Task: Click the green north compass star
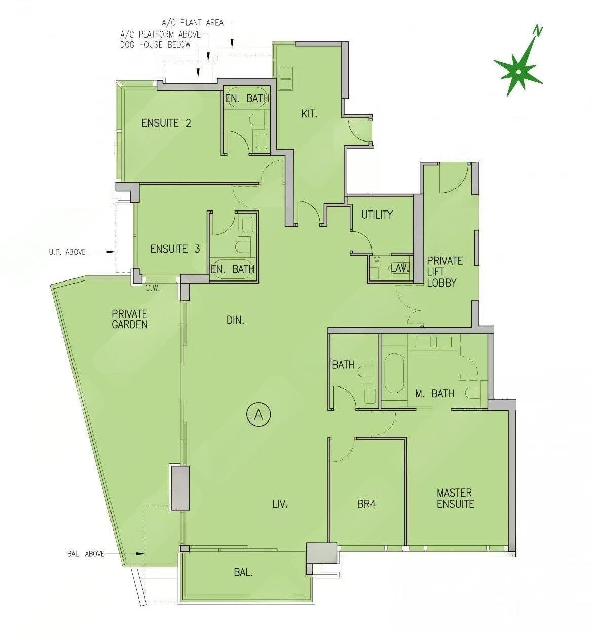pos(519,72)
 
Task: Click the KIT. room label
pos(309,114)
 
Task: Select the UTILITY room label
pos(377,215)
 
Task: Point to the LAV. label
pos(399,268)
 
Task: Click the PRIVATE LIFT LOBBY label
pos(445,271)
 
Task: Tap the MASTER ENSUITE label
pos(455,499)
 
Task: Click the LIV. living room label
pos(280,504)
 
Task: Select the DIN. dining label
pos(236,321)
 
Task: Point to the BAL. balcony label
pos(243,573)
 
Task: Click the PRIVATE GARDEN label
pos(130,319)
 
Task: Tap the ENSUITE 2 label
pos(166,123)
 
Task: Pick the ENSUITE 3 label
pos(175,249)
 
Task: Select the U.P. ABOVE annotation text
pos(67,252)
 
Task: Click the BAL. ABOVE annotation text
pos(86,554)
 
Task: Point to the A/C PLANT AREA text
pos(193,23)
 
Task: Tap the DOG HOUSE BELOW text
pos(155,44)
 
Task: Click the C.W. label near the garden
pos(153,289)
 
